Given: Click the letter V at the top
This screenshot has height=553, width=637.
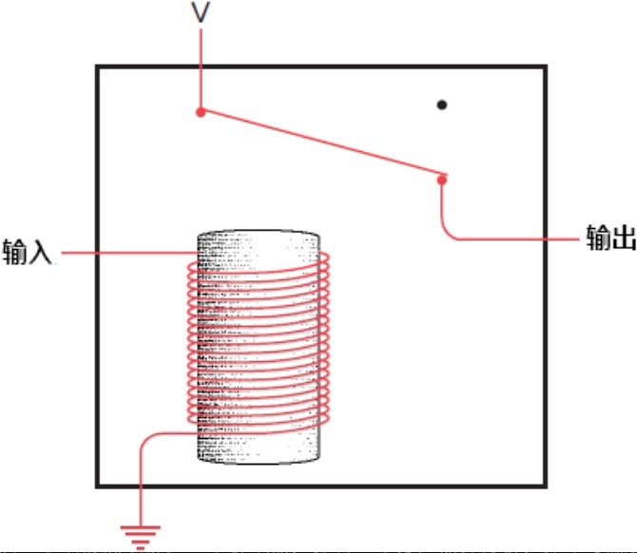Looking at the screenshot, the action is (201, 12).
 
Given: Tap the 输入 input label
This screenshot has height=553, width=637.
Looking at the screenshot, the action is (28, 252).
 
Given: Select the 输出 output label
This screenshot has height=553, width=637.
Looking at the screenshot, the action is (610, 238).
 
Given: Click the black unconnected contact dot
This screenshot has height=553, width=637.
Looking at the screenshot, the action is (441, 105).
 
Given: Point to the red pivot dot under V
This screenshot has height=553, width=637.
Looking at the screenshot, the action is (201, 112).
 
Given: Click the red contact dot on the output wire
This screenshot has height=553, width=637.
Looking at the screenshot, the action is (442, 180).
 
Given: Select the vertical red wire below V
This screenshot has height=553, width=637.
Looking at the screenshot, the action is (201, 68).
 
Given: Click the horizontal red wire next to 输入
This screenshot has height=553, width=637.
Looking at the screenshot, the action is (130, 254).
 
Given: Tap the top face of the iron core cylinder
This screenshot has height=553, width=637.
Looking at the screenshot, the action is (259, 236).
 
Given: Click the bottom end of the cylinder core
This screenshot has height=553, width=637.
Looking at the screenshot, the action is (259, 458).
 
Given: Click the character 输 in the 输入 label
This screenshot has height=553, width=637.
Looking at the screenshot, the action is (14, 252).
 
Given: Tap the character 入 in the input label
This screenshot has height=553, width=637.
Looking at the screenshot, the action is (40, 252).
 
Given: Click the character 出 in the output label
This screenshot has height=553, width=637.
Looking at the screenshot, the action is (624, 238).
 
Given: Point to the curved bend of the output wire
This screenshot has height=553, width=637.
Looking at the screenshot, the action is (446, 233).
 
